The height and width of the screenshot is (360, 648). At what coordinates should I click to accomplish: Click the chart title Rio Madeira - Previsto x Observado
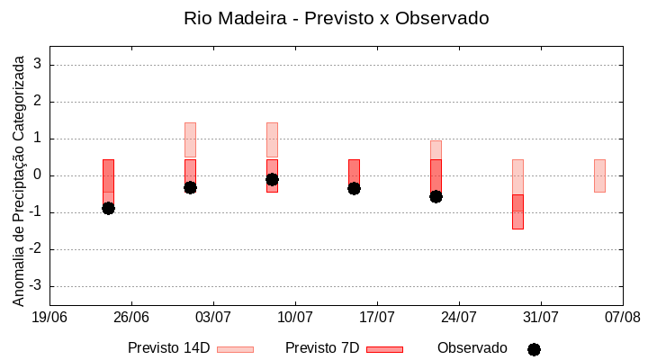pos(336,18)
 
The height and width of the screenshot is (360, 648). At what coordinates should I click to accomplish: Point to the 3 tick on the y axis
pos(38,65)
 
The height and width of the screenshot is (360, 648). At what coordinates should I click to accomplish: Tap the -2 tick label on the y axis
pos(35,249)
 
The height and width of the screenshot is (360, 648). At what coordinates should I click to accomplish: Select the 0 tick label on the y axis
pos(38,175)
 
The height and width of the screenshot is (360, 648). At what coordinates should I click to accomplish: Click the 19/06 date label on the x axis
pos(49,317)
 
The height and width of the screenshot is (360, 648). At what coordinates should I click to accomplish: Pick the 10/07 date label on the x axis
pos(295,317)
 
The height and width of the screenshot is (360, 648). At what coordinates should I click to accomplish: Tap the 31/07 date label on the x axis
pos(541,317)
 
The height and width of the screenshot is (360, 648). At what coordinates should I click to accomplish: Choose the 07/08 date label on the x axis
pos(622,317)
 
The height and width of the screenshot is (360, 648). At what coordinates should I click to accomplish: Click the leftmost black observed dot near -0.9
pos(108,208)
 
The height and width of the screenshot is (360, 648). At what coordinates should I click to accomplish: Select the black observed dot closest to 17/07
pos(354,188)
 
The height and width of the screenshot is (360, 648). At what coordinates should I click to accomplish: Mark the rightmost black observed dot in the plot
pos(436,196)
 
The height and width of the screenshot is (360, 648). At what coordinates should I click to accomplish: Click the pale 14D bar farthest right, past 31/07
pos(599,175)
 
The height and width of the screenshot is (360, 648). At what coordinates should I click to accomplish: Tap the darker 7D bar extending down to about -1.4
pos(517,212)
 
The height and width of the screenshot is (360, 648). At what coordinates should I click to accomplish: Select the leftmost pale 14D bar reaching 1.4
pos(190,139)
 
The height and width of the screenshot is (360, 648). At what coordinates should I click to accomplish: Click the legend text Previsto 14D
pos(168,348)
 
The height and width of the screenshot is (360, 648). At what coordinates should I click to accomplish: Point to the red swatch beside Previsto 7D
pos(384,349)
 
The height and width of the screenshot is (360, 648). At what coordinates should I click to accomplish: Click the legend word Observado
pos(472,348)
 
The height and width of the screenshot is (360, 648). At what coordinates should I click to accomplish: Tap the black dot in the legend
pos(534,349)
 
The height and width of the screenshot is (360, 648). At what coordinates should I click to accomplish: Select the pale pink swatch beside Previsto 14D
pos(235,349)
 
